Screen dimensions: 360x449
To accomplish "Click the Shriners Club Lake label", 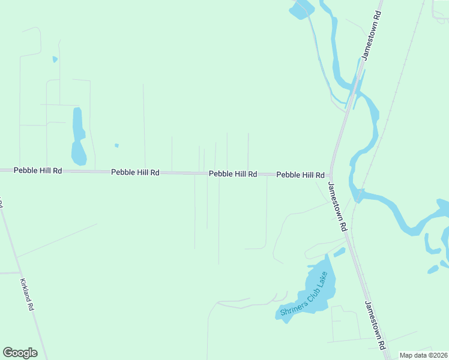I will click(x=304, y=295).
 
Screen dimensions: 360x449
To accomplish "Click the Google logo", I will click(x=20, y=353).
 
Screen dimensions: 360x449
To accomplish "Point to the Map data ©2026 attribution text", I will click(x=423, y=355).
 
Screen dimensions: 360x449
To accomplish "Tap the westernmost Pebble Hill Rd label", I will click(x=38, y=170).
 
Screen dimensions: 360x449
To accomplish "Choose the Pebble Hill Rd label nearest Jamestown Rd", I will click(x=300, y=175).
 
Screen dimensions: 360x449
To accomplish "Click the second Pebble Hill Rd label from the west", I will click(x=135, y=172).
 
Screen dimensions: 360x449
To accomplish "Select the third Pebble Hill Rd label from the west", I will click(x=233, y=174).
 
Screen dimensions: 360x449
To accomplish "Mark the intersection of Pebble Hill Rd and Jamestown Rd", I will click(x=331, y=175).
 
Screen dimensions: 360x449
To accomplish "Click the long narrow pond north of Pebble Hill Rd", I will click(x=78, y=137).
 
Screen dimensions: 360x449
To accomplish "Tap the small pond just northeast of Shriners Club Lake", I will click(x=339, y=253).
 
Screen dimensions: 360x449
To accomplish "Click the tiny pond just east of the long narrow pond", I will click(x=116, y=145).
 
